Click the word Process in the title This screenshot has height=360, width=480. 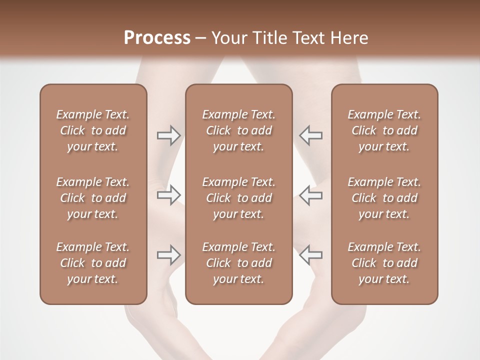click(157, 38)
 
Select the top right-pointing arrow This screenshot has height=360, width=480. click(168, 135)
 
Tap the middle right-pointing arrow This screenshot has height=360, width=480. click(168, 195)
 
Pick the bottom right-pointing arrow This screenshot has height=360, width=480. click(168, 255)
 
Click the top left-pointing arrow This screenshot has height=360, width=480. click(310, 135)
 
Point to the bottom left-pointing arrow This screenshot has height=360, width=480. click(310, 255)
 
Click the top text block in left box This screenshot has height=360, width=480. click(93, 130)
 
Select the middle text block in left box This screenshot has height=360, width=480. click(93, 198)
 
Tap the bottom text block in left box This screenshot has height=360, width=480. click(93, 263)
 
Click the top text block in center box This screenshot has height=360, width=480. click(238, 130)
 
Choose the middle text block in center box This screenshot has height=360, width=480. click(238, 198)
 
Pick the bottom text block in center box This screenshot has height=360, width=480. click(238, 263)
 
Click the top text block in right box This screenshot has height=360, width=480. click(384, 130)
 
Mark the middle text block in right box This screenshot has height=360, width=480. click(384, 198)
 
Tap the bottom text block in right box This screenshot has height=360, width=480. click(384, 263)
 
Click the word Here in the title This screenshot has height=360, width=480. click(349, 38)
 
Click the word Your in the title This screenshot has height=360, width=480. click(228, 38)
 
